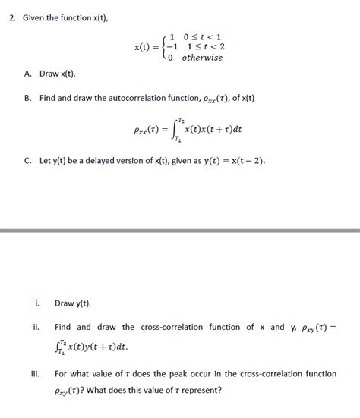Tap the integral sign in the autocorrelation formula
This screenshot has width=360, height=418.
[176, 130]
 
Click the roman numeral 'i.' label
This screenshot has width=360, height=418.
[37, 303]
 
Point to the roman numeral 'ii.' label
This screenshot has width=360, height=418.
[36, 328]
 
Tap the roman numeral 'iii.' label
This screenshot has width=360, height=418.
[36, 374]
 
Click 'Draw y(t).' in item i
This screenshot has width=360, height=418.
[73, 303]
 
